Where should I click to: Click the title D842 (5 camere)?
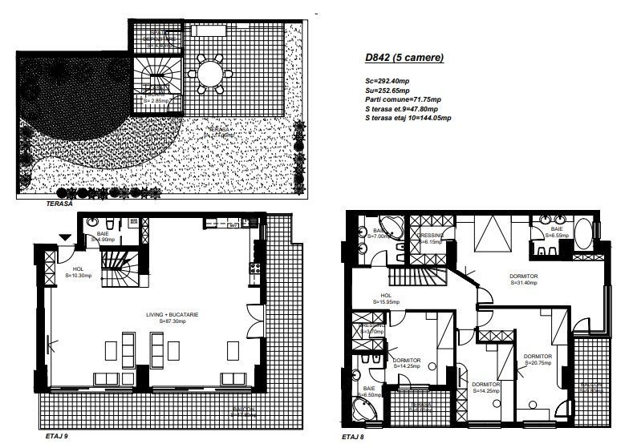399,59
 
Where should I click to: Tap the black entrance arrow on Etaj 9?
65,236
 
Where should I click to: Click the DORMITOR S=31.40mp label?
523,278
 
